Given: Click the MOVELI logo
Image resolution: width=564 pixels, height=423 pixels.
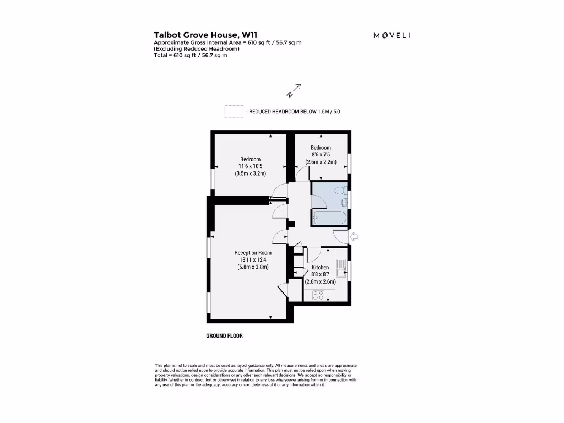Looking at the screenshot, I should [392, 36].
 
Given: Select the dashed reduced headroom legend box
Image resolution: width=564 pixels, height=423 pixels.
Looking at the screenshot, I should [234, 111].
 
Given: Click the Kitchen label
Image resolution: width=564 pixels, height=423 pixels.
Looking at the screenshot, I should [320, 268].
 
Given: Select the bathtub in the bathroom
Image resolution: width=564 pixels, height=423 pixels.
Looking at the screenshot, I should [329, 217].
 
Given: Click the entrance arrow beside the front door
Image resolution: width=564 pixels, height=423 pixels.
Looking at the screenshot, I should [354, 237].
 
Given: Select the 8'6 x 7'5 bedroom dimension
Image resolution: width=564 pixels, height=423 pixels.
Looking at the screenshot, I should [321, 155].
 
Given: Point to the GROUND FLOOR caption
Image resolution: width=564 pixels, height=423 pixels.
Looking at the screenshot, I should [224, 335].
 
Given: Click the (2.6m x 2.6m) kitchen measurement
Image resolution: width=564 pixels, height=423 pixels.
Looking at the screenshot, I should [320, 281].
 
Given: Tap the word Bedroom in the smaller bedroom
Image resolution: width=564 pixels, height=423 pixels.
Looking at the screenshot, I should [321, 148].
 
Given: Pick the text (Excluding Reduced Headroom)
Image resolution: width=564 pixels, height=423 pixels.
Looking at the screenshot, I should [197, 48].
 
